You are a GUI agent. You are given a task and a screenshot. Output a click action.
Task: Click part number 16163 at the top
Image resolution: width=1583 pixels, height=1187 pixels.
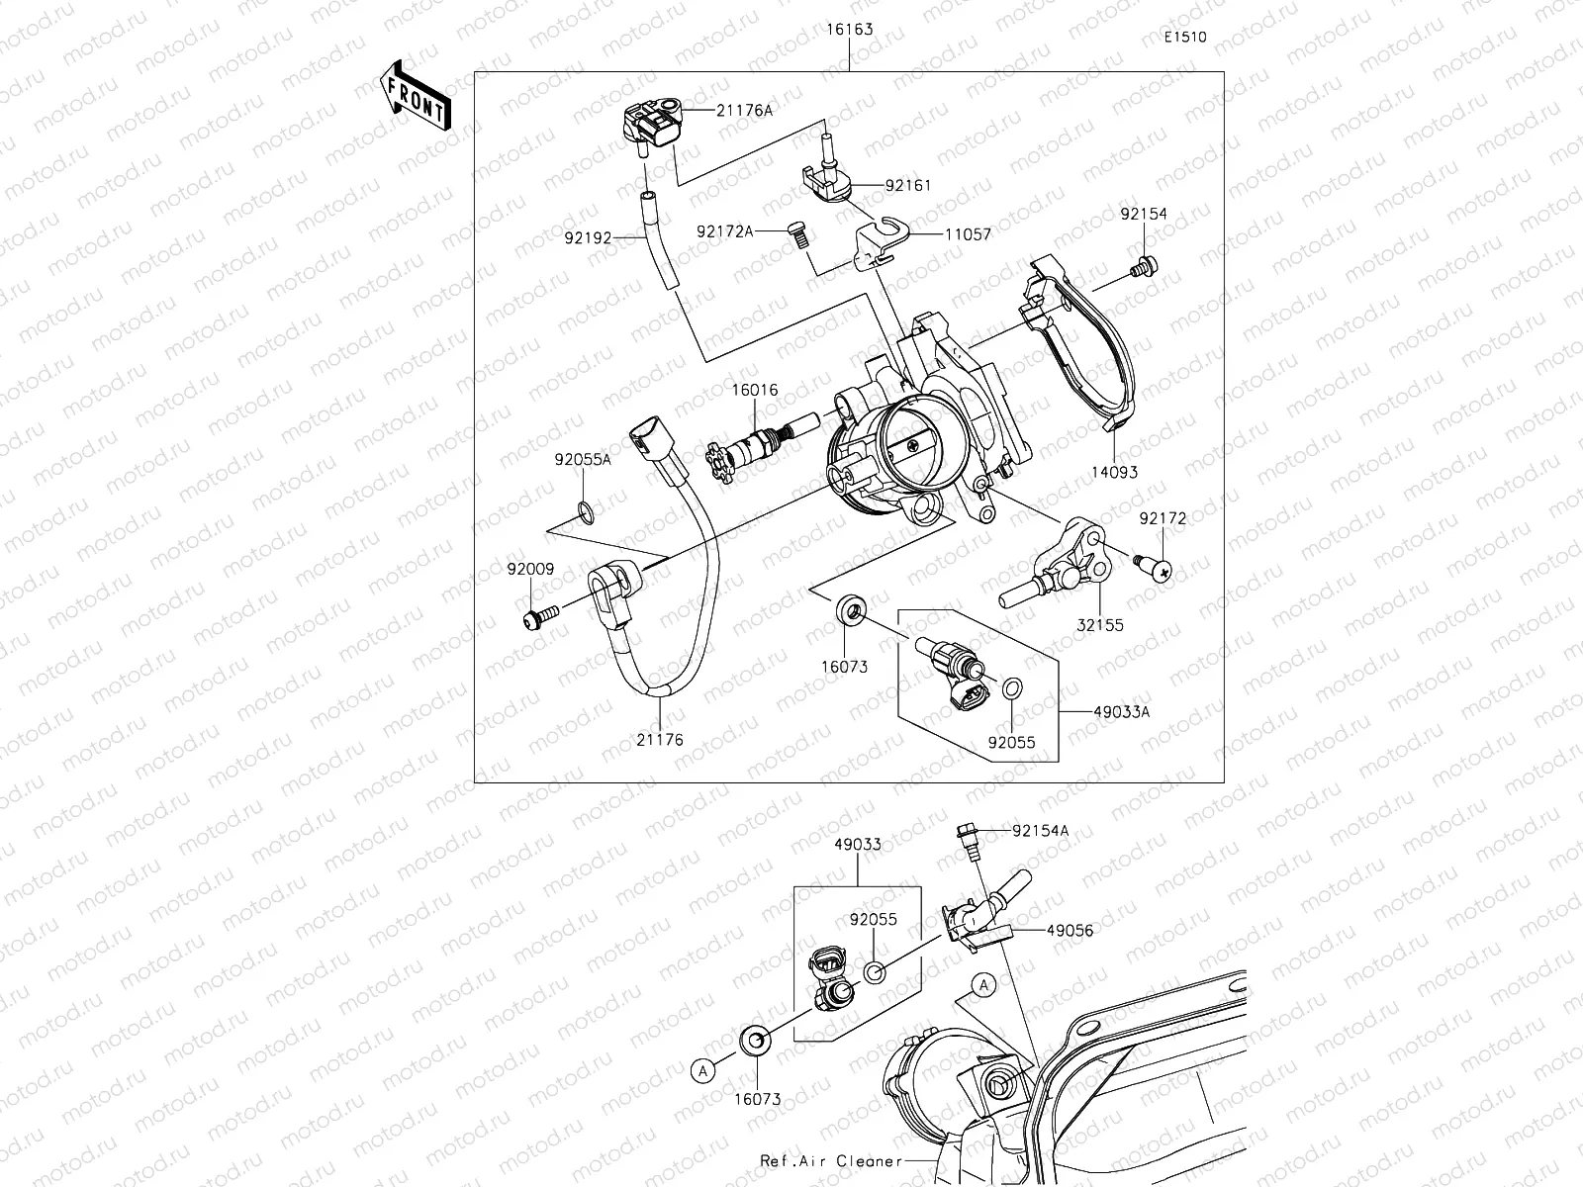(849, 30)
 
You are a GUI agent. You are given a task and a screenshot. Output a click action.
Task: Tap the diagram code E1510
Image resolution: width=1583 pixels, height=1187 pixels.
(1185, 38)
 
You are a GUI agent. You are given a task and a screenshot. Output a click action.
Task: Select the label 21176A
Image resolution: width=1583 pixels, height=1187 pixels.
(744, 111)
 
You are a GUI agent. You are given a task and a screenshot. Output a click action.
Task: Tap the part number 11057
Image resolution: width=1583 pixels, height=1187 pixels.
(941, 235)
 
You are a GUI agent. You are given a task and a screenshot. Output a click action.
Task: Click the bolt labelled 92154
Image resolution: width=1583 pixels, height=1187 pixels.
(1146, 265)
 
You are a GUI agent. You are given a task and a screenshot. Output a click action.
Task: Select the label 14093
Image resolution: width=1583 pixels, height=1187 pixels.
(1114, 472)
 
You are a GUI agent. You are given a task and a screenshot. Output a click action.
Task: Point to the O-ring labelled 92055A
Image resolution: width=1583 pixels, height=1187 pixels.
(586, 511)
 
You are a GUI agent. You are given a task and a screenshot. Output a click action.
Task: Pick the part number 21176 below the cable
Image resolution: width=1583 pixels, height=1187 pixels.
(659, 739)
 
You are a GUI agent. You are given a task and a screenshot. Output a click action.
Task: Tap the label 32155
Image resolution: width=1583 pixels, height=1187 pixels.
(1101, 625)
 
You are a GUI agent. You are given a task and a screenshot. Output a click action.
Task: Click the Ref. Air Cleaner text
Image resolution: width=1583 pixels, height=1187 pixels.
(831, 1161)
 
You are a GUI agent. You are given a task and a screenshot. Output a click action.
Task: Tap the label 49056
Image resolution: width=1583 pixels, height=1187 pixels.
(1070, 931)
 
